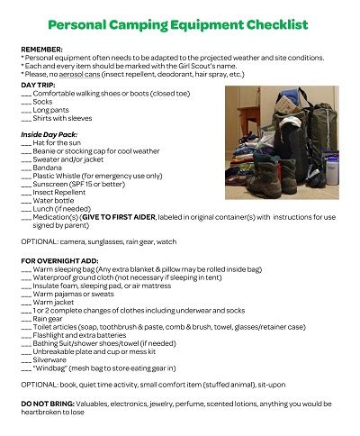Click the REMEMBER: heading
(x=41, y=49)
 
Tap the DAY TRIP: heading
(x=38, y=84)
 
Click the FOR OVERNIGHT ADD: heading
(x=59, y=259)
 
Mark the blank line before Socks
(x=25, y=102)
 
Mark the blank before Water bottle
(x=25, y=199)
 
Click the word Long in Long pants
(x=41, y=109)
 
